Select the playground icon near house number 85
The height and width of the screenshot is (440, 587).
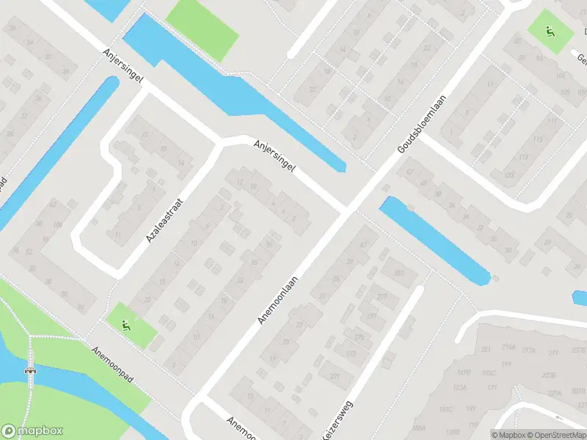coord(549,31)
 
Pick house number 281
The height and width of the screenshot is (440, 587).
coord(400,274)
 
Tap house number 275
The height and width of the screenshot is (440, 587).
coord(359,337)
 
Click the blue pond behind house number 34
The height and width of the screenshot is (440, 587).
coord(435,238)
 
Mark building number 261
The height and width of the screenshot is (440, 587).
coord(486,349)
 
